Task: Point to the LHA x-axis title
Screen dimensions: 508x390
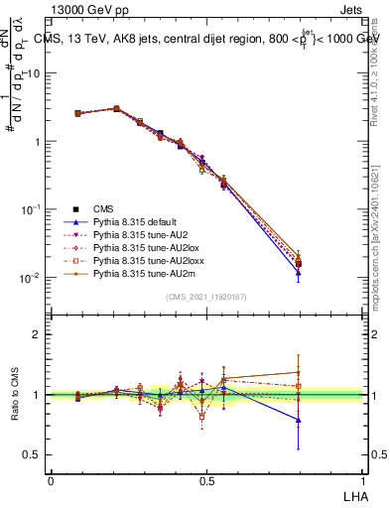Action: pyautogui.click(x=353, y=495)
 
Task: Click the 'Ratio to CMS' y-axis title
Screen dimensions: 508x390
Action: pyautogui.click(x=14, y=395)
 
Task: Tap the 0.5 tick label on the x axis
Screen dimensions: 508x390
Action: pyautogui.click(x=206, y=480)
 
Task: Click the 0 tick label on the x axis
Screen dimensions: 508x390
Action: pyautogui.click(x=51, y=480)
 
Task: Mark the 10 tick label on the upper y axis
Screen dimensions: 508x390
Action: pyautogui.click(x=31, y=73)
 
